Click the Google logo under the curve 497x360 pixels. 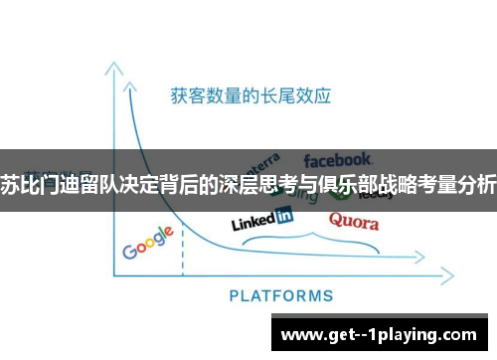149,243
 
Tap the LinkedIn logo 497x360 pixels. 261,218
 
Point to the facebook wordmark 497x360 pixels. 338,159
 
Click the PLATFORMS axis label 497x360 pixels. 281,295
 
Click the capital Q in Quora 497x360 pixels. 336,220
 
